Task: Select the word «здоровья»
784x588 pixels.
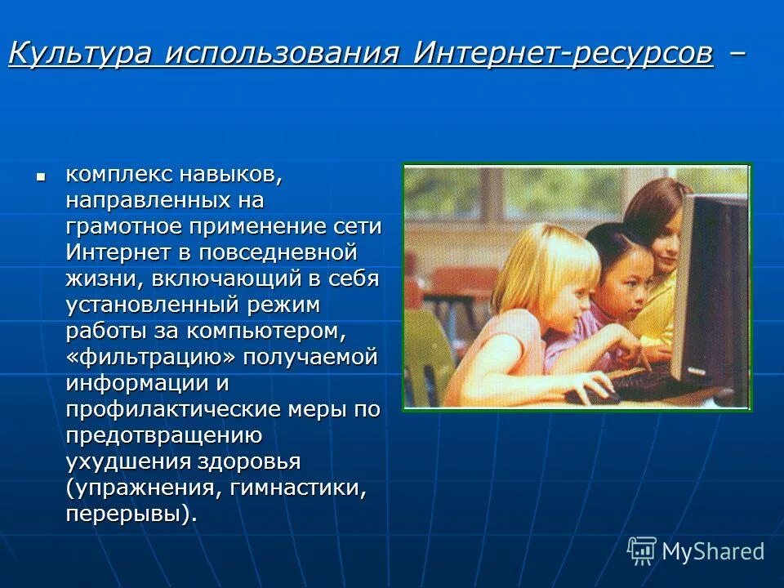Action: pyautogui.click(x=248, y=461)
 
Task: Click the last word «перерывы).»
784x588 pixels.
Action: pyautogui.click(x=131, y=514)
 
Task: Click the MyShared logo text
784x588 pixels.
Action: pyautogui.click(x=712, y=551)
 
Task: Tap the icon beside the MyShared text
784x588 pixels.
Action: pyautogui.click(x=642, y=551)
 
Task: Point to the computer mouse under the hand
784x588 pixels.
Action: pyautogui.click(x=590, y=393)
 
